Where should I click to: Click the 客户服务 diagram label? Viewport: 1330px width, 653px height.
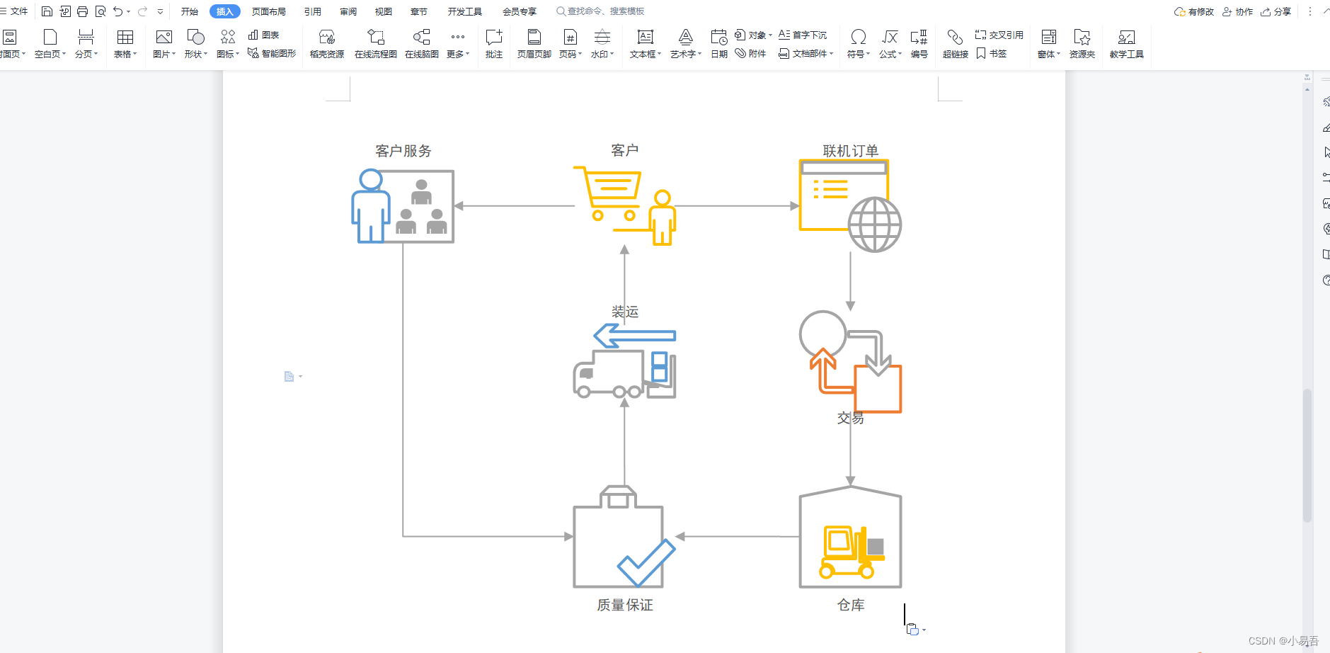point(403,151)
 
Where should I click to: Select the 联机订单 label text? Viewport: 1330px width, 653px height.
point(850,151)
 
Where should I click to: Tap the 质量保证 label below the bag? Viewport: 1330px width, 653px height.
point(624,605)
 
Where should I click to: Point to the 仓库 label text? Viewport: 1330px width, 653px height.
point(850,605)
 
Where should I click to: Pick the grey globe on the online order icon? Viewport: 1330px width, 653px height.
point(875,225)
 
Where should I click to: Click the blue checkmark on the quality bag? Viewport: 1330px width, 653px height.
point(646,563)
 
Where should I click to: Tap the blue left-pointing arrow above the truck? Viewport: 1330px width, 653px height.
point(634,336)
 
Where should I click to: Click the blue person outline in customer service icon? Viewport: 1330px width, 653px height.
point(370,207)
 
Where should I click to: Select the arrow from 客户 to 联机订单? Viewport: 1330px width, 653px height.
point(736,206)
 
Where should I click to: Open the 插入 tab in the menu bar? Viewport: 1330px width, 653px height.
point(224,11)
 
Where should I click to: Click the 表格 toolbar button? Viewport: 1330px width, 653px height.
point(125,43)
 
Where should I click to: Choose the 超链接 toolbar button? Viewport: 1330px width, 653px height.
point(955,43)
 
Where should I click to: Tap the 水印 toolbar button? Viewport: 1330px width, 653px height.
point(602,43)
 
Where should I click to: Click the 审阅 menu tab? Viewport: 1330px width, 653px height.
point(348,11)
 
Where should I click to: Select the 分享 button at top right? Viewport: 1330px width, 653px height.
point(1276,11)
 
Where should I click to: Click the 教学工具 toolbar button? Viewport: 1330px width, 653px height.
point(1126,43)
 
